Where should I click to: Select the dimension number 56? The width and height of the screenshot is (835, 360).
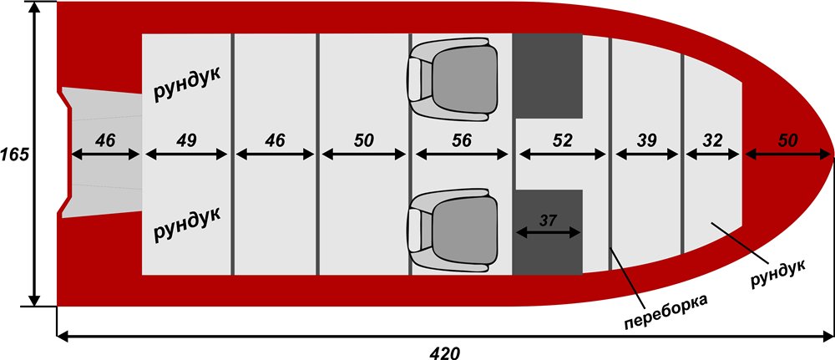[461, 140]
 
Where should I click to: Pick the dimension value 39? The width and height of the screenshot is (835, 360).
[645, 140]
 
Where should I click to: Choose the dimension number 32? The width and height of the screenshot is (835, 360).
[712, 140]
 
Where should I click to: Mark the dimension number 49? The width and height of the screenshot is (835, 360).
[186, 140]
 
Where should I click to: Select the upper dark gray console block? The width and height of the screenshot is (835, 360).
[547, 75]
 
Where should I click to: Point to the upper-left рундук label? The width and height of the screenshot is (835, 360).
[186, 86]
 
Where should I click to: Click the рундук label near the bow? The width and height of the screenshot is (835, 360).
[777, 272]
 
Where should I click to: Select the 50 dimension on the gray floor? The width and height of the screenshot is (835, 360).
[363, 140]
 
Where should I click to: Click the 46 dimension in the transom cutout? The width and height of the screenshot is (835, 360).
[105, 140]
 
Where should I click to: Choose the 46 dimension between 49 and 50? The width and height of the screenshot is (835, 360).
[275, 140]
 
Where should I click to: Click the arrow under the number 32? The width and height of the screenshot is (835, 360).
[712, 155]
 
